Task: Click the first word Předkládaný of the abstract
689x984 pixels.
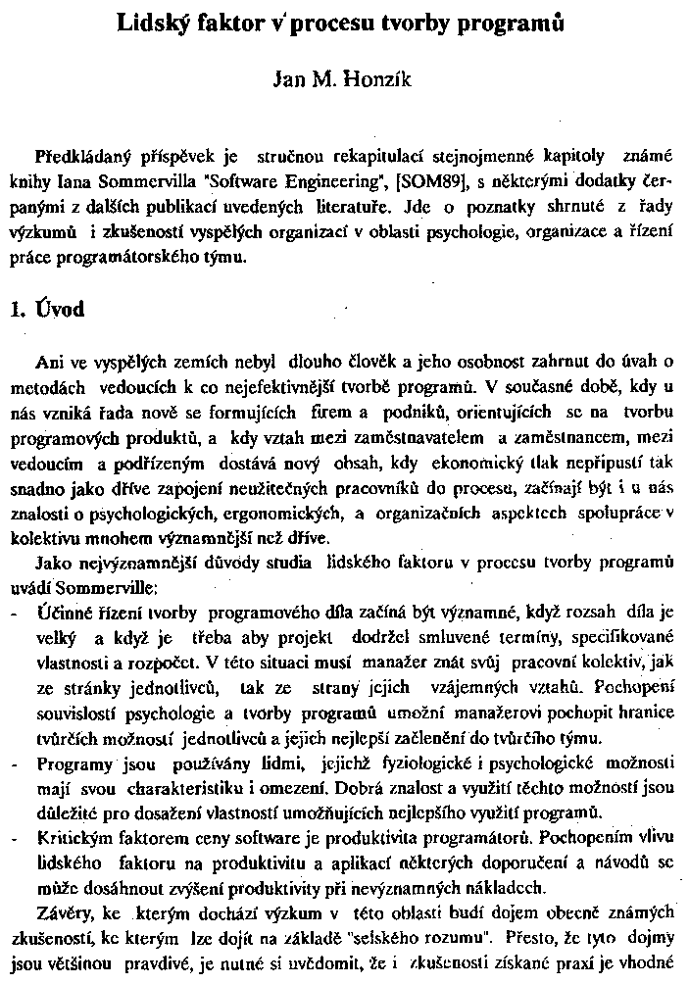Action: pyautogui.click(x=82, y=157)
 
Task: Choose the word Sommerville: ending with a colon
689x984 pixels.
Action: pyautogui.click(x=104, y=586)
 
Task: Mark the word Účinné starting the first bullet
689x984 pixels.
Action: pyautogui.click(x=61, y=608)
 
